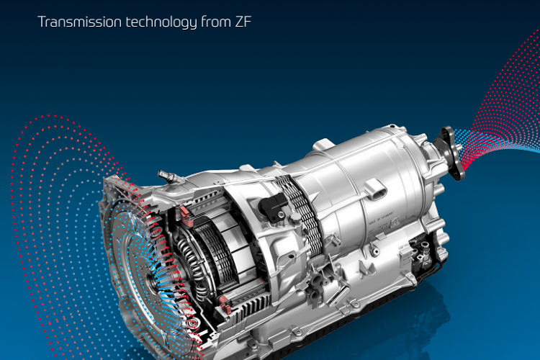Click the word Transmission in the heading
click(79, 22)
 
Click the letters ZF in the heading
click(243, 22)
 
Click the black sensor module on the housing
click(273, 207)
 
